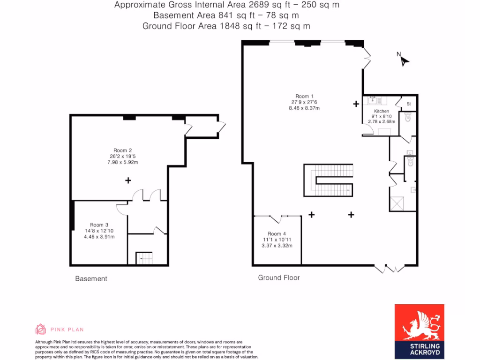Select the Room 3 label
99,225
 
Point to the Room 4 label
277,233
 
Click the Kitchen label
382,111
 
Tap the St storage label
408,104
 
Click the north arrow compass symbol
404,60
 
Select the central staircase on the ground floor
328,180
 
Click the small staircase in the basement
144,258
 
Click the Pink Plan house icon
41,329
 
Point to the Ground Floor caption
279,277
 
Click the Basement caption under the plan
91,279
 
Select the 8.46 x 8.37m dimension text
305,108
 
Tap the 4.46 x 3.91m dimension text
99,237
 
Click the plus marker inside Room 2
128,180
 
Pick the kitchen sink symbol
373,100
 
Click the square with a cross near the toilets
397,203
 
